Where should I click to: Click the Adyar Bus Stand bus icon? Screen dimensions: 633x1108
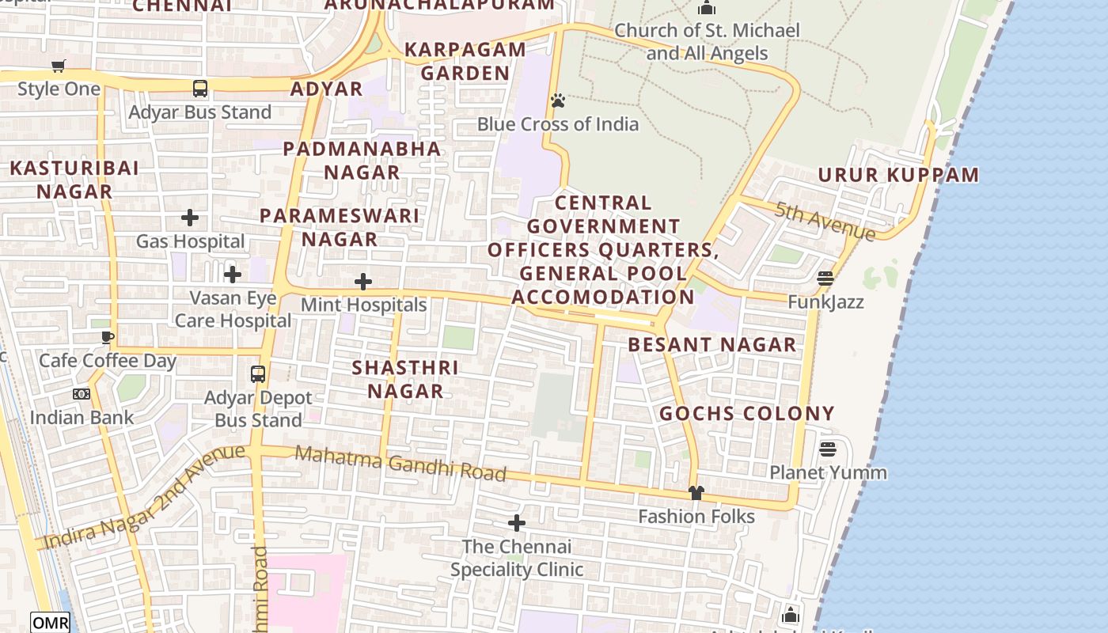[200, 89]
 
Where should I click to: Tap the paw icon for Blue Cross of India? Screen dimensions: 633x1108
[558, 100]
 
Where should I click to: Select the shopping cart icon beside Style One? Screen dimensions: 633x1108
[59, 66]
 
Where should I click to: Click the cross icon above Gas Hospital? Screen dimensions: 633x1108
[190, 218]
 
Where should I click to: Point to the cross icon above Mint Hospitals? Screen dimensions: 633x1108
[363, 282]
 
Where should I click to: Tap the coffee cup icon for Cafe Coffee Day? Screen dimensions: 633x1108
[108, 338]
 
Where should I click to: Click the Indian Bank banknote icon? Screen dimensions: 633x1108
[82, 394]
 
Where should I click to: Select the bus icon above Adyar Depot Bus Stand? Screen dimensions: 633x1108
[258, 374]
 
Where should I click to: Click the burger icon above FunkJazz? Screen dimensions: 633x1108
[825, 279]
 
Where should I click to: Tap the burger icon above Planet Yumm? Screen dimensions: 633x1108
[828, 449]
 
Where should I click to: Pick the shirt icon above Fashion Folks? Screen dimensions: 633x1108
[696, 493]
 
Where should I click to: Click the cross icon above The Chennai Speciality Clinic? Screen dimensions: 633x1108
[517, 523]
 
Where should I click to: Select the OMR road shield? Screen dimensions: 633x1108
[51, 623]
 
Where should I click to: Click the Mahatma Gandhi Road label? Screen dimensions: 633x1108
[400, 463]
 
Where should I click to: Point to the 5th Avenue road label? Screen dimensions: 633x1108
[825, 222]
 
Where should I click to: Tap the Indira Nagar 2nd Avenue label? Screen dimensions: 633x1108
[144, 497]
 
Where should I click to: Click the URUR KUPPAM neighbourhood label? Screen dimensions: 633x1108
[898, 175]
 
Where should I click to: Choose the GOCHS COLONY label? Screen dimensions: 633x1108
[747, 413]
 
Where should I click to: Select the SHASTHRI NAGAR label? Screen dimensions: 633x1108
[405, 379]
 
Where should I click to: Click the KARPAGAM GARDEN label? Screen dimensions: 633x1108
[465, 61]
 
